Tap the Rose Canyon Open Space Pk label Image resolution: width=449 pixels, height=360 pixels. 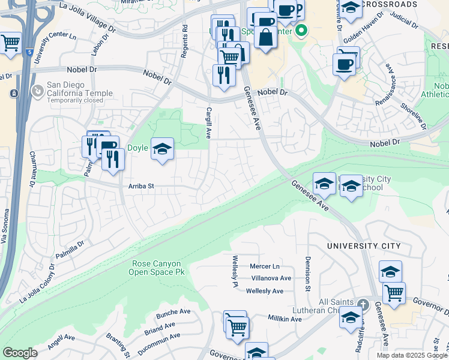[x=159, y=268]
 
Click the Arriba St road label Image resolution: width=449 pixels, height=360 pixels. [x=141, y=186]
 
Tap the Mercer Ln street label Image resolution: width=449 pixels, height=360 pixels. [x=265, y=266]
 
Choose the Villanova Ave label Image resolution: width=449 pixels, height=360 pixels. [x=271, y=278]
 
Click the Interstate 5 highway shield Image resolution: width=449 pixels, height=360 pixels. [x=30, y=53]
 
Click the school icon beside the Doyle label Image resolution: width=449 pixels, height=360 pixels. [x=161, y=148]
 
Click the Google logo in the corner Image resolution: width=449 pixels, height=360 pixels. [x=20, y=353]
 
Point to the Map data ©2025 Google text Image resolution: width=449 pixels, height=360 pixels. [x=412, y=355]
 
